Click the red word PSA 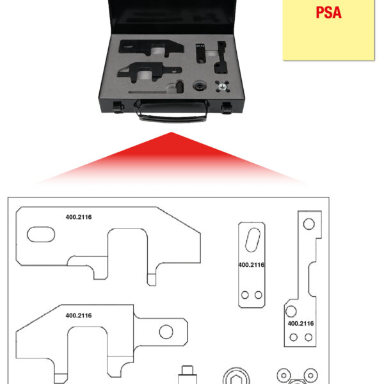click(328, 12)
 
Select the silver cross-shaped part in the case click(222, 87)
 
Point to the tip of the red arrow click(172, 134)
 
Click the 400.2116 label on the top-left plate click(79, 217)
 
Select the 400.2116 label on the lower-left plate click(79, 316)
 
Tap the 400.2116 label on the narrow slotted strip click(251, 264)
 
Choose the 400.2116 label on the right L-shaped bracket click(301, 323)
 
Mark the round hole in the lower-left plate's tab click(166, 331)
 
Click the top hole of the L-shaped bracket click(308, 224)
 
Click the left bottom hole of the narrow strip click(245, 295)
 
